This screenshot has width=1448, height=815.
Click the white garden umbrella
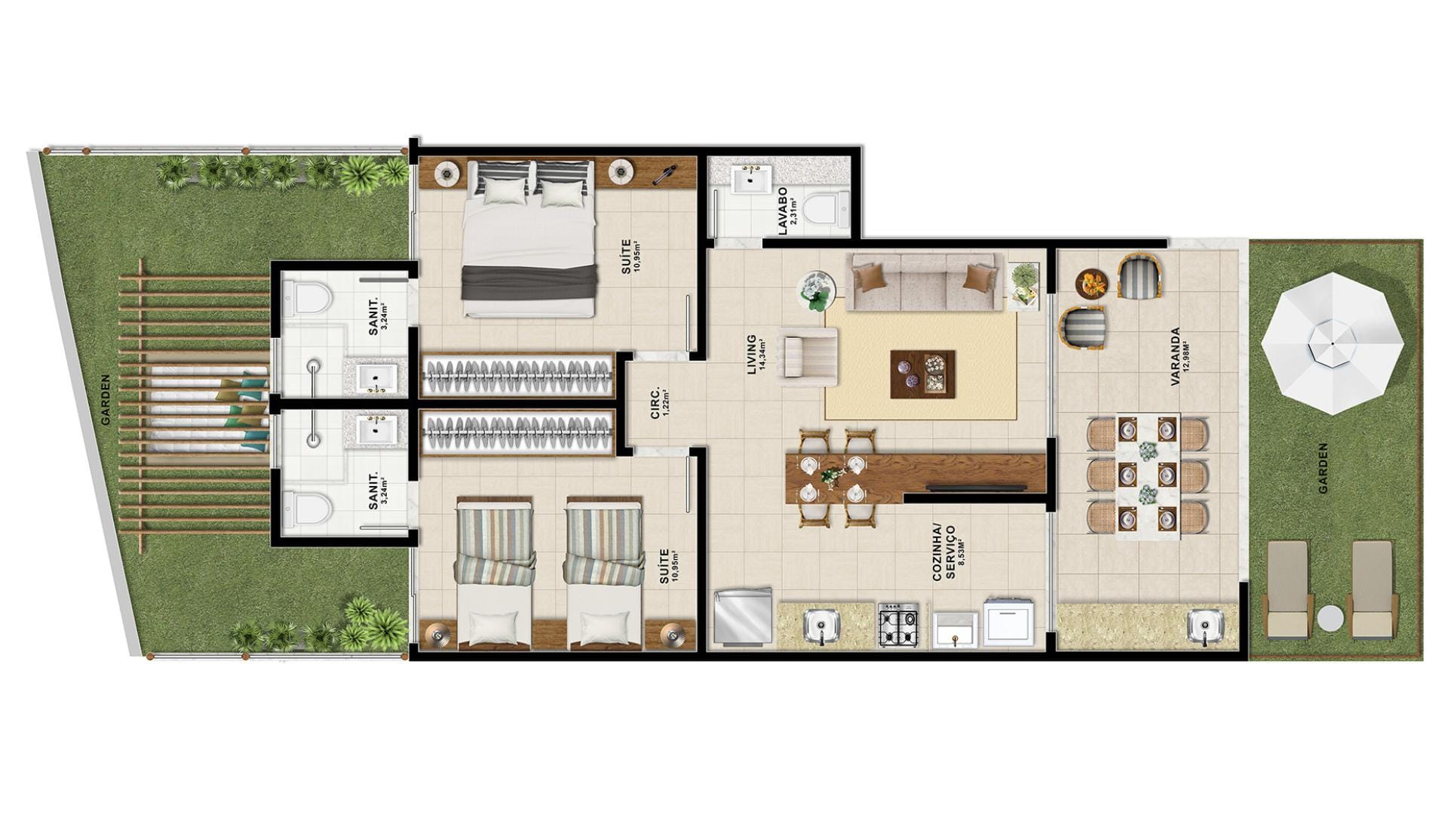pos(1333,343)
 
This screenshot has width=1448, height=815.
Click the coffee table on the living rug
pos(922,374)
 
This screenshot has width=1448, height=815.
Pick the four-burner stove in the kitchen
pos(898,625)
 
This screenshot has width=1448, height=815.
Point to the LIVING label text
pos(751,353)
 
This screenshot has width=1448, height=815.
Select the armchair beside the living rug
pos(807,357)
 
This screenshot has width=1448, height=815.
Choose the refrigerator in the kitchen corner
pos(743,617)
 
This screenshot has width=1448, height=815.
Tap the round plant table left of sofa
pos(817,291)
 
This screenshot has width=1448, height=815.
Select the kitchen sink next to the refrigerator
pos(819,626)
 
